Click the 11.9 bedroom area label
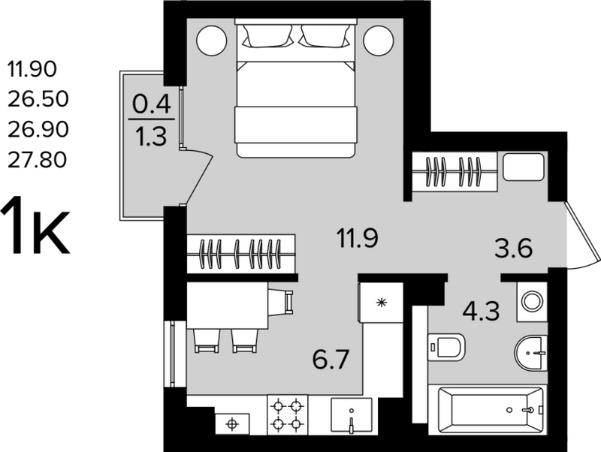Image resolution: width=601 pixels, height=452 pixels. [x=358, y=238]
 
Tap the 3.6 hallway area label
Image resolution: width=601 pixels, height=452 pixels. [x=513, y=249]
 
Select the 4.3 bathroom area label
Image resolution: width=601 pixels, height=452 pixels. [x=481, y=311]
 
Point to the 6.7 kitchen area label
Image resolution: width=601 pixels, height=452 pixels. [x=331, y=360]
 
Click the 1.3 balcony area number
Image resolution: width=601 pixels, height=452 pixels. [x=153, y=137]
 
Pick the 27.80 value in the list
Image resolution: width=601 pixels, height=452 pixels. [x=38, y=160]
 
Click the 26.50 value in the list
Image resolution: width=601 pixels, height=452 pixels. [x=38, y=99]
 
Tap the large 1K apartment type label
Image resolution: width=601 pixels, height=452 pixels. [x=36, y=225]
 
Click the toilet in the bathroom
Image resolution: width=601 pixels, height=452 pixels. [x=445, y=347]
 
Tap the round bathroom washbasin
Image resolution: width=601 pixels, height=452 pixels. [x=530, y=353]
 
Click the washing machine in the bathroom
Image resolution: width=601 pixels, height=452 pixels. [x=532, y=302]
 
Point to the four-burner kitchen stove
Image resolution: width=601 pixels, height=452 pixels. [x=287, y=415]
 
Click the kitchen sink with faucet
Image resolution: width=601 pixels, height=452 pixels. [x=352, y=416]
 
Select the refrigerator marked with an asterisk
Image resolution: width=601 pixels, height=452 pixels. [x=381, y=303]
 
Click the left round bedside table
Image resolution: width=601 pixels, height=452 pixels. [x=212, y=41]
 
